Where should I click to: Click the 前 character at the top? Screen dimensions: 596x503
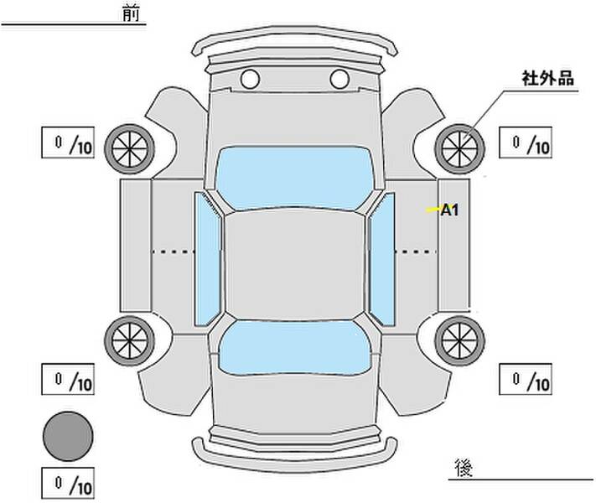tap(131, 13)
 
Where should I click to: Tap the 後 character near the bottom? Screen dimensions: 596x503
tap(464, 467)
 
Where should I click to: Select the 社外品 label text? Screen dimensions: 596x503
tap(547, 78)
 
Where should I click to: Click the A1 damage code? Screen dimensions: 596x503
tap(449, 210)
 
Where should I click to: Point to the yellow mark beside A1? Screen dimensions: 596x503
tap(433, 209)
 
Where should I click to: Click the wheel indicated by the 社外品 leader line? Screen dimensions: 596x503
tap(459, 148)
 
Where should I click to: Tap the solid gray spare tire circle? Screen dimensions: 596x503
tap(68, 436)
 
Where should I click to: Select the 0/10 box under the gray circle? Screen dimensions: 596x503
tap(68, 483)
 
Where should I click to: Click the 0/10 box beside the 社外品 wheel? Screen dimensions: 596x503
tap(526, 143)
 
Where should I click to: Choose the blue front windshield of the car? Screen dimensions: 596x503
tap(294, 178)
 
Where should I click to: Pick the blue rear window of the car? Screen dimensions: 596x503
tap(294, 348)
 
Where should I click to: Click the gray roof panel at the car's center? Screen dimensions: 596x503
tap(294, 265)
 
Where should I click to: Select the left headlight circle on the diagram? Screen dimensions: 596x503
tap(250, 79)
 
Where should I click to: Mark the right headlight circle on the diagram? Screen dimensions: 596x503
tap(339, 79)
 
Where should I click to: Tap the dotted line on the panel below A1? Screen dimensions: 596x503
tap(415, 251)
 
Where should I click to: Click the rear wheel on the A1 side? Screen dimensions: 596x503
tap(459, 340)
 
